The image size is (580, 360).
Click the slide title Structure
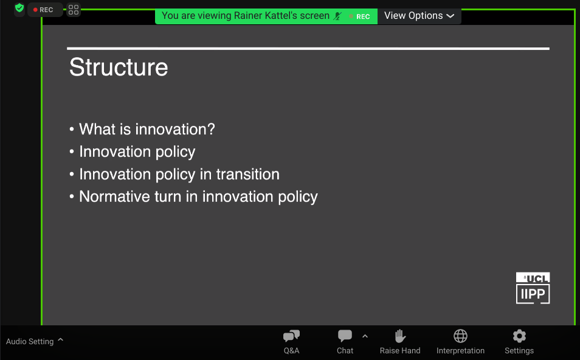[x=119, y=67]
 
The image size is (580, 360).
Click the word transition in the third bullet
[x=248, y=175]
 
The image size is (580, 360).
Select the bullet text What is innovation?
[x=147, y=129]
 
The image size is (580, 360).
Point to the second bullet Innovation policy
[x=137, y=152]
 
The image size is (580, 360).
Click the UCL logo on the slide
[x=533, y=278]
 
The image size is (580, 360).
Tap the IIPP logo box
[x=533, y=294]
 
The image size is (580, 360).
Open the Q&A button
[x=291, y=342]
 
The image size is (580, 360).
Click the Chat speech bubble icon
[x=345, y=336]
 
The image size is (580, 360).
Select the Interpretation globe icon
[x=460, y=336]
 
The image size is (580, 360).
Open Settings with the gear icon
[x=519, y=336]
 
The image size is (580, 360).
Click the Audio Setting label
[x=30, y=342]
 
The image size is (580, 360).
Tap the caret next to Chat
[x=365, y=336]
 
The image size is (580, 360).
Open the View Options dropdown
[x=419, y=16]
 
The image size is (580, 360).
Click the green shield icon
[x=19, y=8]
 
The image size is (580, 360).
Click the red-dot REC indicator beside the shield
[x=44, y=10]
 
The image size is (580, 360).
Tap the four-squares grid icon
[x=74, y=10]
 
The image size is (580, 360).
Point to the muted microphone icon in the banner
[x=337, y=16]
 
